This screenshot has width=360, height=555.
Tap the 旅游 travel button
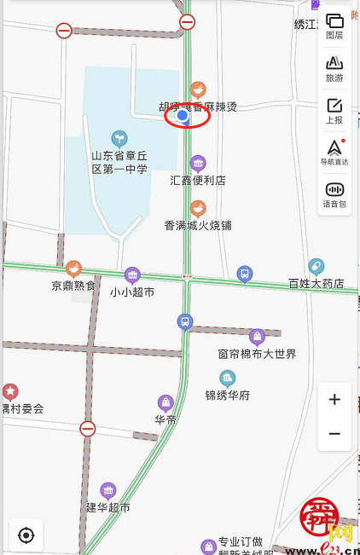(334, 67)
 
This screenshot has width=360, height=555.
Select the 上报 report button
(334, 110)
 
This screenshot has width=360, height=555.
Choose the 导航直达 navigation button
(334, 151)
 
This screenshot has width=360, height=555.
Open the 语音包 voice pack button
(334, 194)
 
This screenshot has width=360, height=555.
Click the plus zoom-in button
(334, 399)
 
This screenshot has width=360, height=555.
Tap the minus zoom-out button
(334, 433)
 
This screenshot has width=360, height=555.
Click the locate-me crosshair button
(26, 535)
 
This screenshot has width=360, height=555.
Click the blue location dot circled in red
(182, 116)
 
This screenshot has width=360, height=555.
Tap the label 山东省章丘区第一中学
(119, 162)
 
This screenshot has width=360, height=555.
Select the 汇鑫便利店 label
(198, 180)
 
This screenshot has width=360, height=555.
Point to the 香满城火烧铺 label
(198, 225)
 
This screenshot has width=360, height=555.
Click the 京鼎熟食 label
(73, 286)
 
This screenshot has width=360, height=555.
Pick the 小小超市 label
(132, 292)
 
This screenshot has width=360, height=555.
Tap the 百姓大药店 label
(316, 283)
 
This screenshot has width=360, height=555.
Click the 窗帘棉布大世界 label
(257, 353)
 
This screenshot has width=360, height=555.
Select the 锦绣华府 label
(228, 395)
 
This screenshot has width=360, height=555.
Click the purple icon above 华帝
(165, 402)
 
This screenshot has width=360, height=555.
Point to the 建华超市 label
(108, 507)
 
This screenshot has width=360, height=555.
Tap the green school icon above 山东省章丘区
(120, 136)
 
